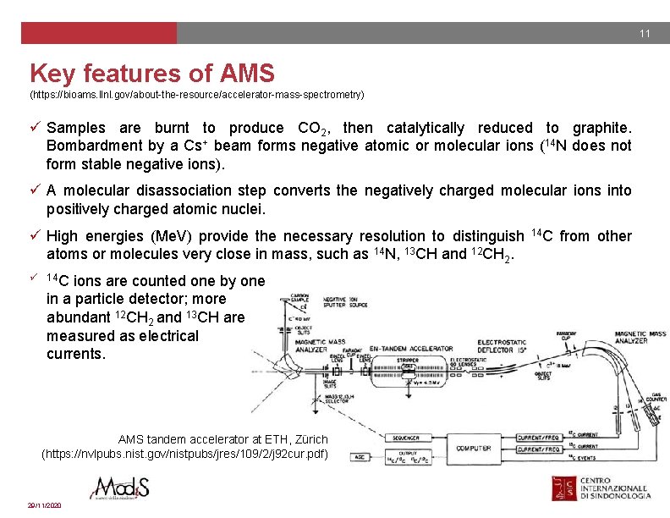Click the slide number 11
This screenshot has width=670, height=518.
click(645, 34)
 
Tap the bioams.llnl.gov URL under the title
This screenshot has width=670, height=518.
click(197, 94)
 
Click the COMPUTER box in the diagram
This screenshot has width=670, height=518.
click(473, 448)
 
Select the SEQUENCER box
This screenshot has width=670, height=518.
click(406, 438)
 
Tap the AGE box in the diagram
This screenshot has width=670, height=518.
click(359, 457)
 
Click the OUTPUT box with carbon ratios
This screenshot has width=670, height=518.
click(407, 458)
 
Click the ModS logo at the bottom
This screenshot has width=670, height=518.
click(122, 490)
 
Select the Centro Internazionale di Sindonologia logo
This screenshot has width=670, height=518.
click(602, 491)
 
